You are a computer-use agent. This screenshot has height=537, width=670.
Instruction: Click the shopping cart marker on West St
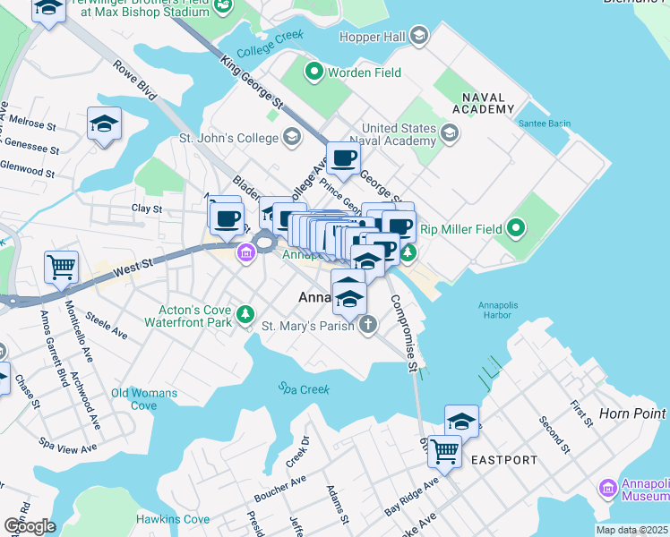tap(61, 266)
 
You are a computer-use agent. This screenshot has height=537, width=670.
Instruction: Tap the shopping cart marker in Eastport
tap(444, 451)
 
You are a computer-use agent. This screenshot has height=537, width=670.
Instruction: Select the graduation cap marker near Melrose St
tap(104, 124)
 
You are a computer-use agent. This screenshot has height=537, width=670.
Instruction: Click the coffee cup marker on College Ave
tap(342, 159)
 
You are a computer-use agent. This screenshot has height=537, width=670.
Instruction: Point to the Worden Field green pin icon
tap(314, 72)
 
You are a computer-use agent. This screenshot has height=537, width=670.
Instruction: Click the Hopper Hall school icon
tap(419, 36)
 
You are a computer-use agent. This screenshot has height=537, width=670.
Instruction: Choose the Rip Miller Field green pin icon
tap(515, 229)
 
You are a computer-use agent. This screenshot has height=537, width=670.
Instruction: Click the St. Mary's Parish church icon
tap(367, 326)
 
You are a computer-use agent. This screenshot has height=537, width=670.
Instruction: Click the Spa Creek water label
tap(303, 389)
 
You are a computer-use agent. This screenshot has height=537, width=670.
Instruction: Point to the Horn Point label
tap(632, 413)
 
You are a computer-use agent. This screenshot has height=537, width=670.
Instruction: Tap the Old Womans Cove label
tap(143, 399)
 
